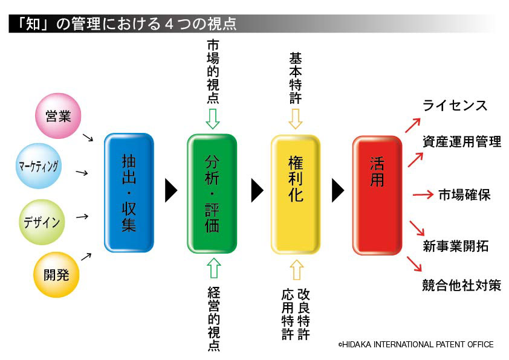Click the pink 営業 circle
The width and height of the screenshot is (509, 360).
[x=59, y=116]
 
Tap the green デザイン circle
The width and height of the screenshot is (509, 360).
[x=42, y=222]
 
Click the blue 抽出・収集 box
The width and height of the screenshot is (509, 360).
[x=129, y=192]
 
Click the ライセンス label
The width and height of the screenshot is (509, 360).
[x=455, y=106]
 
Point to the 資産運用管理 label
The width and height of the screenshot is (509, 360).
[x=462, y=142]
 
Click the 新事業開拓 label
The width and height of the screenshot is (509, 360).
[x=455, y=246]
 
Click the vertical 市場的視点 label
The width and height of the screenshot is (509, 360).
[x=213, y=72]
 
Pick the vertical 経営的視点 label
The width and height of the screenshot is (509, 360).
[x=213, y=318]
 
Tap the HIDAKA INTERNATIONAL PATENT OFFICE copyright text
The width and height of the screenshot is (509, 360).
[x=416, y=344]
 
